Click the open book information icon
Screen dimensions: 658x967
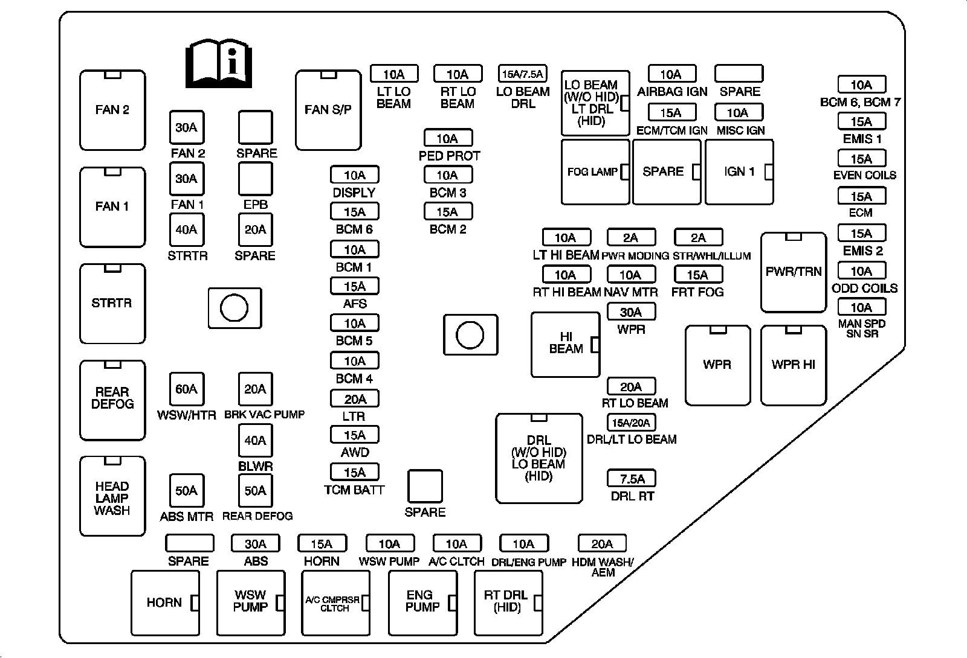218,63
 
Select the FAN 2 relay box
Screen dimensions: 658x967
112,110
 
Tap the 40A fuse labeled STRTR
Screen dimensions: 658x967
186,229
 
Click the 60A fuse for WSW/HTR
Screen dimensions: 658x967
186,389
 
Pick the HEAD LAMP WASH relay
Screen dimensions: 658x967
112,496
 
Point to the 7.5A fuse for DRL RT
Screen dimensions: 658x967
632,479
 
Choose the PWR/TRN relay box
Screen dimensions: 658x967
793,272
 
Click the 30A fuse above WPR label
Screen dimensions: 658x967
631,312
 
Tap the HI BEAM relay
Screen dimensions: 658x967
565,344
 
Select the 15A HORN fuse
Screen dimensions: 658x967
322,543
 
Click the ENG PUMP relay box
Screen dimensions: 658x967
422,602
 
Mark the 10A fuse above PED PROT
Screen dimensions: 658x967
448,138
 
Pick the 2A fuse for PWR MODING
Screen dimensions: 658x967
631,238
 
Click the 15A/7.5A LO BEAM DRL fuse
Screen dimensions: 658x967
523,74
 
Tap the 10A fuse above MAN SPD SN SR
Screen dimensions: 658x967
861,307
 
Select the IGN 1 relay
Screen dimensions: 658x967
739,172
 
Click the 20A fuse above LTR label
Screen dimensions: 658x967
355,399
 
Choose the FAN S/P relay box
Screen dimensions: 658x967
328,110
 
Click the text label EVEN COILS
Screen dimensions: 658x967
864,175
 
